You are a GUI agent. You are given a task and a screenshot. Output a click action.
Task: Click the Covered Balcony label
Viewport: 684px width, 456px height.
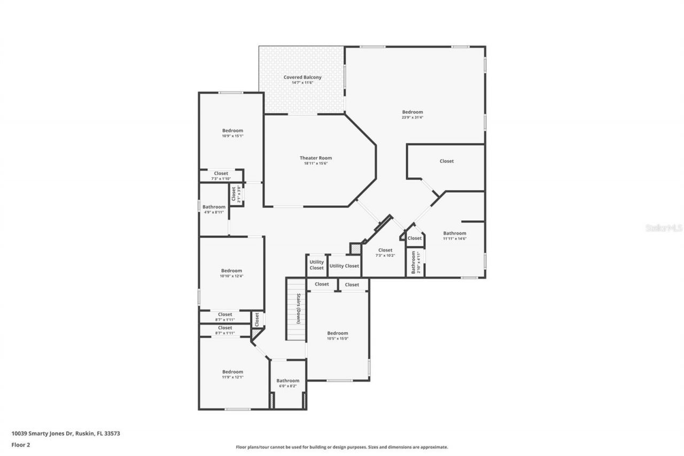click(x=302, y=78)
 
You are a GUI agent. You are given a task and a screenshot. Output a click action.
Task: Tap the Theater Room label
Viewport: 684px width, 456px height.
click(x=315, y=158)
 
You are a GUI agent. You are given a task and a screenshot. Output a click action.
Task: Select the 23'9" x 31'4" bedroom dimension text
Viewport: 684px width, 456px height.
click(x=413, y=118)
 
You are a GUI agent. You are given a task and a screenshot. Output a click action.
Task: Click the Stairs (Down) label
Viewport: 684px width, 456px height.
click(x=299, y=309)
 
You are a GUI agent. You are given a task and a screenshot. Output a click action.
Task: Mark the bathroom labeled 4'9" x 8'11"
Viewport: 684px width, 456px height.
click(x=214, y=210)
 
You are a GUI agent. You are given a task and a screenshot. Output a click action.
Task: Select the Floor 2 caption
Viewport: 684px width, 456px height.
click(x=21, y=444)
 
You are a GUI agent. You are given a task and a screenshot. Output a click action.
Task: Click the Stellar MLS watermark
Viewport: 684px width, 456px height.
click(x=664, y=228)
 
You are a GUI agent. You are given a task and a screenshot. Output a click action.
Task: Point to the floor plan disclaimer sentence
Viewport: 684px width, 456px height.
click(x=342, y=447)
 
